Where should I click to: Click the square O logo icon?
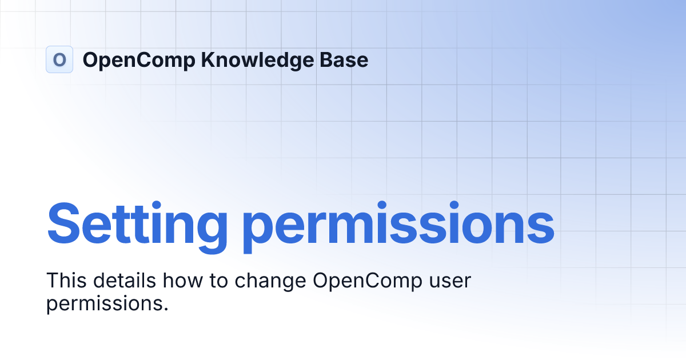[x=59, y=59]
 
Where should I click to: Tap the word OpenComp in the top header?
[x=139, y=60]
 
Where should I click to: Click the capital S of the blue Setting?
[x=65, y=222]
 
